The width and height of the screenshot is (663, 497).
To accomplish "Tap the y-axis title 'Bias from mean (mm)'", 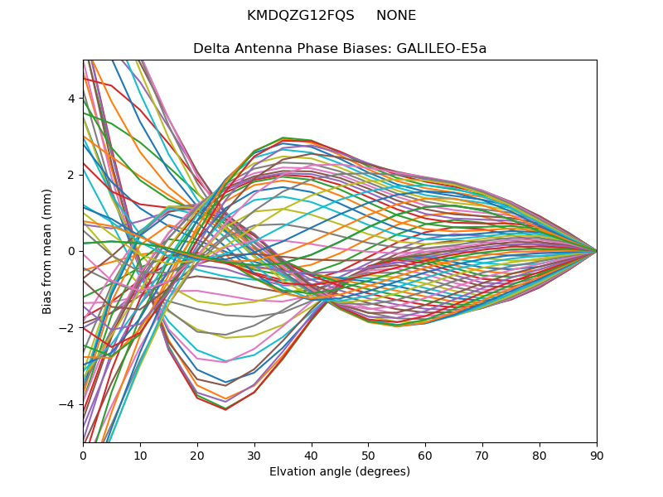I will (x=47, y=251).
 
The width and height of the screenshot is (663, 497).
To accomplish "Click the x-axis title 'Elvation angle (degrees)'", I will (x=340, y=471).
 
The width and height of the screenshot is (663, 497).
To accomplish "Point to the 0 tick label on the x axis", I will (x=83, y=455).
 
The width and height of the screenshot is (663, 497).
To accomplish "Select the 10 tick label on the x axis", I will (x=140, y=455).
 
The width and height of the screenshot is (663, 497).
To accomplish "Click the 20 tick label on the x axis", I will (x=197, y=455).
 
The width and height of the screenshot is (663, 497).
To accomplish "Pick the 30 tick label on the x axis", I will (x=254, y=455).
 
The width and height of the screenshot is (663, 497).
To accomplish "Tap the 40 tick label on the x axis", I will (x=312, y=455).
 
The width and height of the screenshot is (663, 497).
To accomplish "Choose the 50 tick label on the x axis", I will (x=368, y=455).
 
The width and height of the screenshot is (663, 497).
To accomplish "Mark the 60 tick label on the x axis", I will (x=425, y=455).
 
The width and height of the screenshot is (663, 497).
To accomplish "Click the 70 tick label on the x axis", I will (x=482, y=455).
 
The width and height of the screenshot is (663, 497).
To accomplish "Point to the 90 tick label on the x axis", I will (x=597, y=455).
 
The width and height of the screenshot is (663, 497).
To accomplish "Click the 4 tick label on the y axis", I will (x=71, y=98).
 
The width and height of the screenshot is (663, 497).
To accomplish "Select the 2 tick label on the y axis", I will (x=71, y=175).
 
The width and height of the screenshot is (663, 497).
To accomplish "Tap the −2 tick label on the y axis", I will (x=68, y=327).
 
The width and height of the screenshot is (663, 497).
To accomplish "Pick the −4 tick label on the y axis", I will (x=68, y=404).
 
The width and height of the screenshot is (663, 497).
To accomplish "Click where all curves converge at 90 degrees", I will (x=596, y=251).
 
